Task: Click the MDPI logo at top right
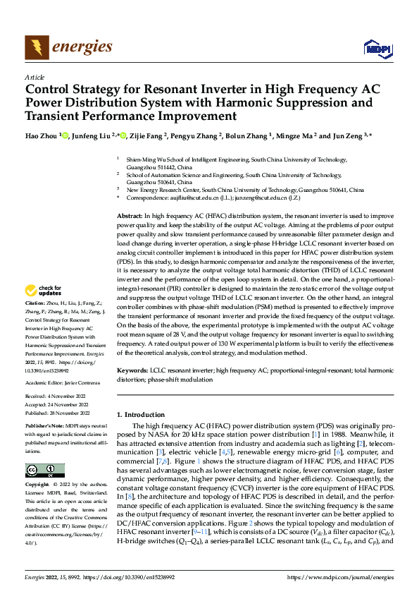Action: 376,48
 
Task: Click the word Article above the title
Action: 35,77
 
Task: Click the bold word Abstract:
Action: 130,214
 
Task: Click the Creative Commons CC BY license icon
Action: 44,471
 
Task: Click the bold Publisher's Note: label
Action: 46,428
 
